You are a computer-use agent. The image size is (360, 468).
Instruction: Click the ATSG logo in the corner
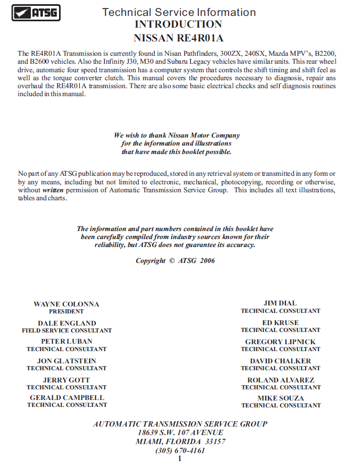click(36, 13)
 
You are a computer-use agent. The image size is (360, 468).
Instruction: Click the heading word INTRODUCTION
click(178, 24)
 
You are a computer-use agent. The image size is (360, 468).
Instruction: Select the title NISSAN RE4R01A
click(178, 38)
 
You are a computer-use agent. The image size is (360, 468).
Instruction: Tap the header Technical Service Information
click(179, 12)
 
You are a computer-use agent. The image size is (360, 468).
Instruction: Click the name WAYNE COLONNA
click(66, 304)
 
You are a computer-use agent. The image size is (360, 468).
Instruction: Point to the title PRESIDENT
click(66, 311)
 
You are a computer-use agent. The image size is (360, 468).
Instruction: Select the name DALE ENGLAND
click(67, 323)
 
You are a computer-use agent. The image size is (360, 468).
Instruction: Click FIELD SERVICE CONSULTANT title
click(67, 330)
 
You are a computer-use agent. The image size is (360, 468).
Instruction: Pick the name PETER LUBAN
click(67, 342)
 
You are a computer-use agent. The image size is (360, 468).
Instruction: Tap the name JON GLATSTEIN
click(67, 361)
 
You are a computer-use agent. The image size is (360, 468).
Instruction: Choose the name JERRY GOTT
click(67, 380)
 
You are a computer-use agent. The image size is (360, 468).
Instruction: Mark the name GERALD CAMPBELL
click(67, 397)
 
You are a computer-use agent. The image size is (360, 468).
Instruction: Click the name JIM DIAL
click(280, 303)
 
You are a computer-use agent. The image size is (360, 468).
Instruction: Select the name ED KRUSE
click(280, 322)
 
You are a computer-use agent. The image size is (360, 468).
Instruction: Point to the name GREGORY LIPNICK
click(280, 342)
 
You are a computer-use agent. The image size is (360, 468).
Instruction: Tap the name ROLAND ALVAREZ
click(281, 380)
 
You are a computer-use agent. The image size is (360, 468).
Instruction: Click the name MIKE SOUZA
click(281, 398)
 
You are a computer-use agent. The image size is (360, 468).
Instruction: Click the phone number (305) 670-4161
click(180, 450)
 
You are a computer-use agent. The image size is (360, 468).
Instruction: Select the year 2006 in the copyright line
click(208, 261)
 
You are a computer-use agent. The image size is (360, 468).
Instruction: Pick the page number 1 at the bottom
click(180, 458)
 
